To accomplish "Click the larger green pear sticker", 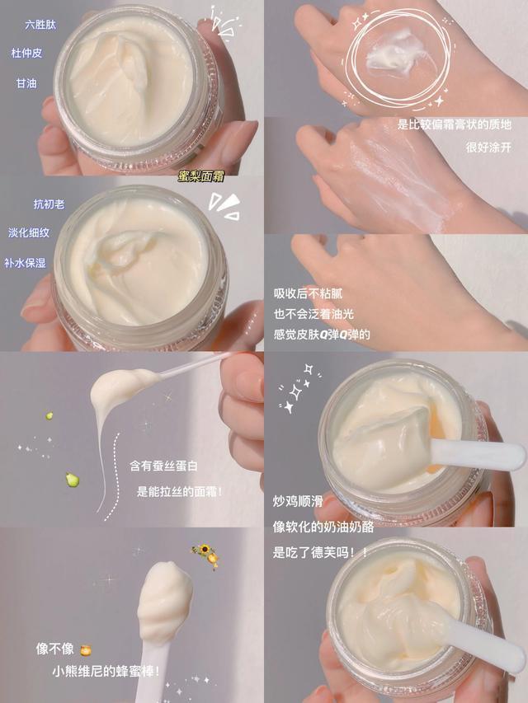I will (x=73, y=479).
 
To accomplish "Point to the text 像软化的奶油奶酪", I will (x=323, y=526).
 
